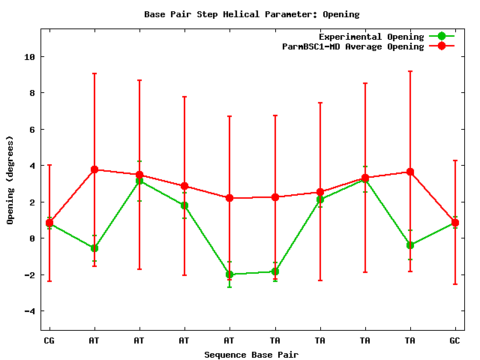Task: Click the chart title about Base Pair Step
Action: (251, 14)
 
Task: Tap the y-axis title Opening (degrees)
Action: (10, 180)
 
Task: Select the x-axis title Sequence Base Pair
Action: (251, 354)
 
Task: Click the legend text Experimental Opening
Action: (370, 37)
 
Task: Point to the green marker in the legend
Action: (442, 37)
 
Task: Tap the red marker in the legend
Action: (442, 46)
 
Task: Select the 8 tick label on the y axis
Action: (31, 93)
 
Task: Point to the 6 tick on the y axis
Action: (31, 130)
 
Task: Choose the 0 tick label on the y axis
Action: (31, 238)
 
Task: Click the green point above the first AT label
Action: (94, 248)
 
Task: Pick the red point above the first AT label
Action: (94, 170)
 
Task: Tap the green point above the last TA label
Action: (410, 245)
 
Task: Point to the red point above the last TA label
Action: (410, 172)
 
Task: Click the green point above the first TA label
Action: (275, 271)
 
